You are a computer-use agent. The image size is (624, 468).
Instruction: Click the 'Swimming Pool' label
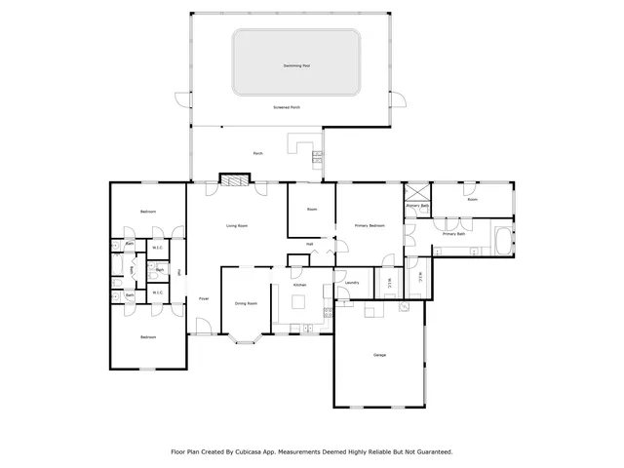tap(296, 66)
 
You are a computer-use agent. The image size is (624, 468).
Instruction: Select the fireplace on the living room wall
tap(233, 178)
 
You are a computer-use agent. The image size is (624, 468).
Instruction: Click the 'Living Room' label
tap(237, 226)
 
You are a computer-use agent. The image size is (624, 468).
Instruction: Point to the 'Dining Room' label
tap(246, 303)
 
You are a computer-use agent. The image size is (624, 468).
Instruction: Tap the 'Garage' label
tap(379, 355)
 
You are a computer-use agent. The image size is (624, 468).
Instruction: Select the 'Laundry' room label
tap(352, 284)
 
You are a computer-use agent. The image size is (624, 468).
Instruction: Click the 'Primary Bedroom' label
tap(370, 226)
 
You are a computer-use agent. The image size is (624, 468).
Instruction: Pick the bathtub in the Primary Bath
tap(502, 241)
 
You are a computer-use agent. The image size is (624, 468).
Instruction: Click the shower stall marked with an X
tap(416, 191)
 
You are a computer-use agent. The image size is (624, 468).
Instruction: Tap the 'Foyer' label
tap(204, 298)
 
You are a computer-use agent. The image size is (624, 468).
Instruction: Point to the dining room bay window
tap(246, 340)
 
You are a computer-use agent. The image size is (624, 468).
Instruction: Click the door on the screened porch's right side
tap(397, 97)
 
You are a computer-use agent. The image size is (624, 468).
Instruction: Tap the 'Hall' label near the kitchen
tap(309, 244)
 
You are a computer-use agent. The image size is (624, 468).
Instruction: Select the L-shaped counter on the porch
tap(301, 147)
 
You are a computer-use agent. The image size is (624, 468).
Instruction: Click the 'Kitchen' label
tap(300, 285)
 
